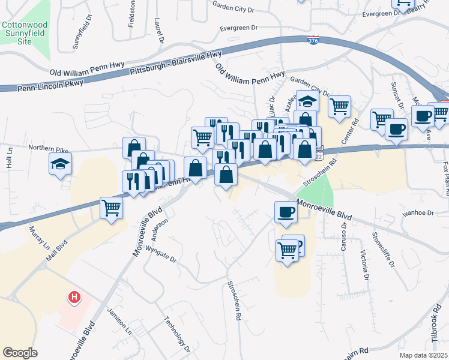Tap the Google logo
click(20, 353)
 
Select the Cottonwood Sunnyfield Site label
click(25, 35)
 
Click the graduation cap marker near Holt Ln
click(60, 164)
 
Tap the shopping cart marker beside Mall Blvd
click(112, 208)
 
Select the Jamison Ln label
click(119, 320)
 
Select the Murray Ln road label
click(38, 239)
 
